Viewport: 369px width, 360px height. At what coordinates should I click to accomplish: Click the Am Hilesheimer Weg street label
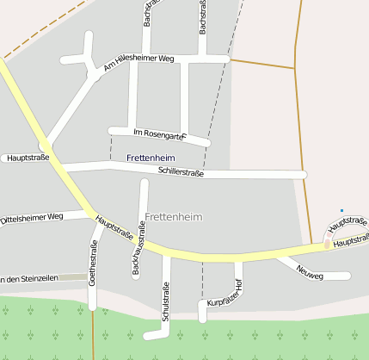138,62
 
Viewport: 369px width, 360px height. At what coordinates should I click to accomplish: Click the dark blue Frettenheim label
151,158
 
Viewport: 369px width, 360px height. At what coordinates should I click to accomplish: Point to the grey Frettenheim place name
174,217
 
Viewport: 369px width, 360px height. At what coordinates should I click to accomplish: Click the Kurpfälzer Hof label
225,295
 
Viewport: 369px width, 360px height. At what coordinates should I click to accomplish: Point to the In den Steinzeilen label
29,278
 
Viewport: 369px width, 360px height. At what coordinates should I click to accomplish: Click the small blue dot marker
341,210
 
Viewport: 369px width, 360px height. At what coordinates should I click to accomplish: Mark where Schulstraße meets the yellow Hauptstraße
167,252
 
